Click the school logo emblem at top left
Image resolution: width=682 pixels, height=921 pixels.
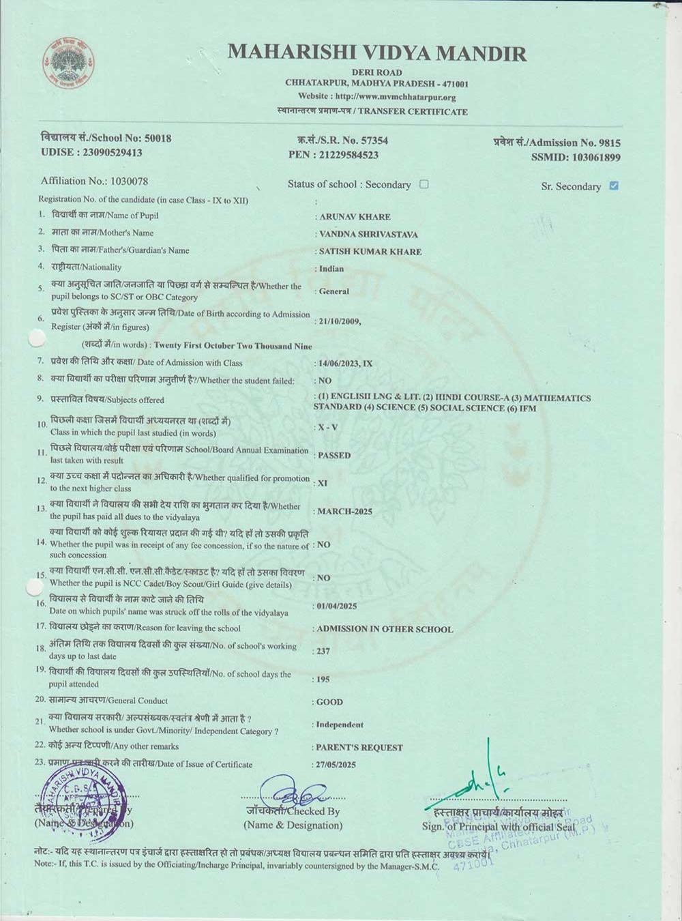[x=70, y=63]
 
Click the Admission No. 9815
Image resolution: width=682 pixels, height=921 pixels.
[x=609, y=143]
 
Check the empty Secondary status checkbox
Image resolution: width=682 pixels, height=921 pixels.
[x=424, y=184]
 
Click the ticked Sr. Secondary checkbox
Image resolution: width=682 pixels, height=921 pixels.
[x=614, y=186]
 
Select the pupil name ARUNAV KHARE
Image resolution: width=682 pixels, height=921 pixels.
[x=355, y=217]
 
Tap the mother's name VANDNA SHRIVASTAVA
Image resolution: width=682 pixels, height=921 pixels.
[x=369, y=234]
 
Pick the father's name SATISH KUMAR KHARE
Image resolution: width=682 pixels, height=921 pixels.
[x=370, y=252]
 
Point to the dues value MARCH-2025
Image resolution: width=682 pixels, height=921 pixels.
[x=345, y=511]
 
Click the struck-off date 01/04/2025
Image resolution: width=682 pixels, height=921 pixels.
[x=337, y=606]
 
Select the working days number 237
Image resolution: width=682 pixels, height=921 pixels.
[x=323, y=651]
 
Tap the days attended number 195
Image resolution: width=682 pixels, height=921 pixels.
[x=323, y=679]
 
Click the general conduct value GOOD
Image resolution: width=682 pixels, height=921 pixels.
[x=330, y=702]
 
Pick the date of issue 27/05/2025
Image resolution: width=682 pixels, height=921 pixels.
[x=336, y=765]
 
